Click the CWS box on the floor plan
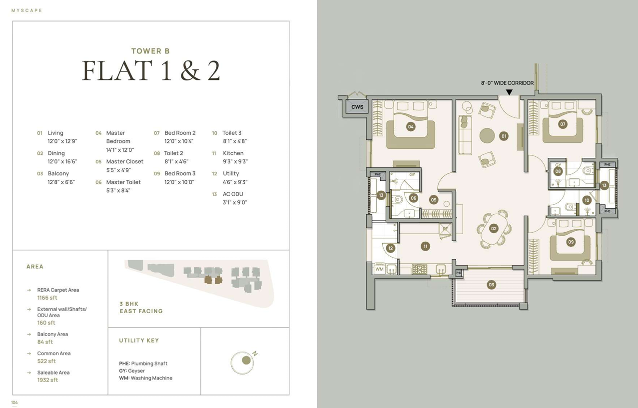click(x=357, y=107)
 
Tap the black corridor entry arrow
click(x=509, y=92)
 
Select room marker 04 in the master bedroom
click(x=410, y=127)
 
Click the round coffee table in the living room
click(x=487, y=135)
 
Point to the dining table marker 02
click(x=494, y=228)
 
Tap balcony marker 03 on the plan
click(x=491, y=285)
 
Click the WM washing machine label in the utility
click(x=379, y=269)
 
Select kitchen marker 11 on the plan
click(x=425, y=246)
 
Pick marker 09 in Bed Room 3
click(x=571, y=242)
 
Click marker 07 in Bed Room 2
click(x=563, y=124)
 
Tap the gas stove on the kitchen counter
click(x=420, y=269)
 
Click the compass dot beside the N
click(x=246, y=361)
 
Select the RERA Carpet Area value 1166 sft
click(x=47, y=298)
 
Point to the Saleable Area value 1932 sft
click(x=47, y=380)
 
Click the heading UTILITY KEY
click(x=139, y=341)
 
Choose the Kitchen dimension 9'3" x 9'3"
click(x=235, y=161)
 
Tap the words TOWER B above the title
click(x=151, y=51)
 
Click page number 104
click(x=14, y=403)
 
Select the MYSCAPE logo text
click(x=27, y=10)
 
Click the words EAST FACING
click(x=141, y=311)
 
